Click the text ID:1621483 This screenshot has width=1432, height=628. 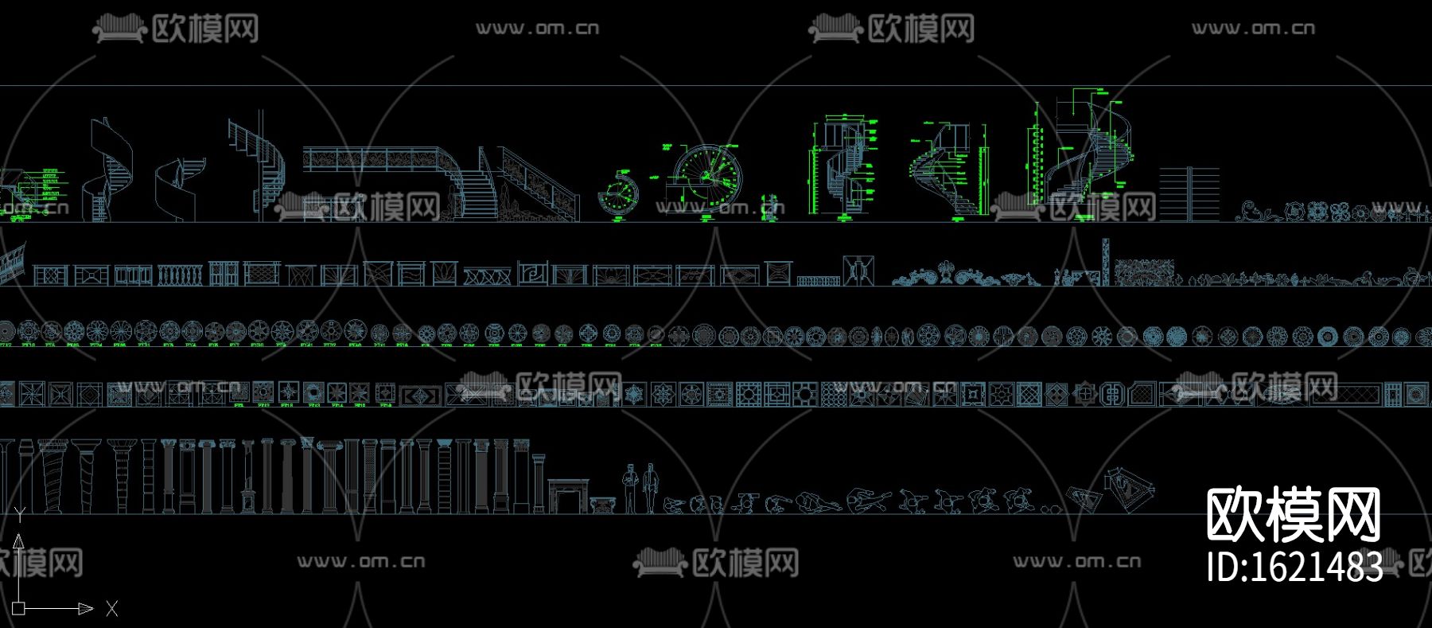pyautogui.click(x=1294, y=567)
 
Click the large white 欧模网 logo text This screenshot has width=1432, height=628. pyautogui.click(x=1294, y=515)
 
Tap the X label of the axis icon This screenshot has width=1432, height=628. pyautogui.click(x=111, y=609)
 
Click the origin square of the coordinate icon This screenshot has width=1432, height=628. pyautogui.click(x=19, y=608)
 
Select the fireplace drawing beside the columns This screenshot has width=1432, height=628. pyautogui.click(x=568, y=496)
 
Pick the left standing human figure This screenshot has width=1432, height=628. pyautogui.click(x=630, y=487)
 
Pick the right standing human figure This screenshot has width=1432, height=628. pyautogui.click(x=651, y=487)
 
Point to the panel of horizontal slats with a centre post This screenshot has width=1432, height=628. pyautogui.click(x=1189, y=193)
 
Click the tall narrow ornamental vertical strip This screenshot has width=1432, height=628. pyautogui.click(x=1105, y=260)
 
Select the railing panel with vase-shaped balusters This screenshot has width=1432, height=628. pyautogui.click(x=174, y=275)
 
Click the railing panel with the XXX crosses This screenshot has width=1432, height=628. pyautogui.click(x=487, y=276)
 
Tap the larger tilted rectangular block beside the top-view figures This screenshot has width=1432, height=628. pyautogui.click(x=1129, y=485)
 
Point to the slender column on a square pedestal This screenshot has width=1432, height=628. pyautogui.click(x=248, y=477)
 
